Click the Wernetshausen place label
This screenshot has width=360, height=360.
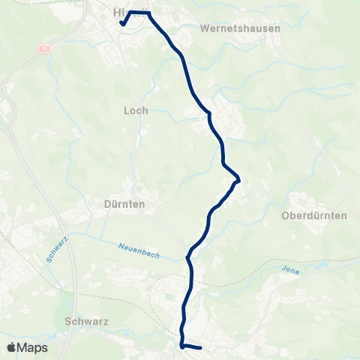click(x=240, y=28)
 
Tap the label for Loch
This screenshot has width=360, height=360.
click(x=136, y=110)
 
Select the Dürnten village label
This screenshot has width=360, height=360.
click(x=124, y=203)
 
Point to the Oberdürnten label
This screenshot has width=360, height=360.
click(x=313, y=215)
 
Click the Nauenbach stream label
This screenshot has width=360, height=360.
click(x=139, y=247)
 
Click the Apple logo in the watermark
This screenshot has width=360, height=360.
click(x=12, y=347)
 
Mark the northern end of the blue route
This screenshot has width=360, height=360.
click(x=121, y=23)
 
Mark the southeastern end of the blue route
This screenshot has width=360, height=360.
click(x=202, y=348)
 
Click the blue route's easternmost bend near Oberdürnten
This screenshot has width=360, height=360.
click(x=238, y=180)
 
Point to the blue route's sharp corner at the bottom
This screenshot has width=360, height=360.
click(x=181, y=346)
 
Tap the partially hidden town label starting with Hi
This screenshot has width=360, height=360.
click(x=118, y=13)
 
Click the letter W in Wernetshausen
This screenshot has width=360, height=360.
click(x=205, y=28)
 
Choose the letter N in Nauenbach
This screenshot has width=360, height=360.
click(x=121, y=245)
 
